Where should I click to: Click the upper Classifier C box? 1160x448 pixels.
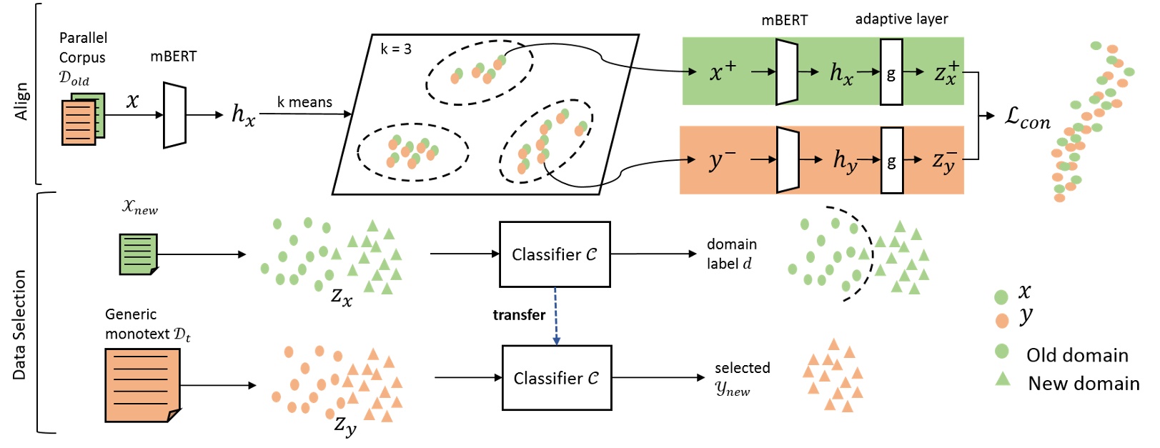tap(555, 254)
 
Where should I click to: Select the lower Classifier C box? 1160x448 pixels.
tap(556, 378)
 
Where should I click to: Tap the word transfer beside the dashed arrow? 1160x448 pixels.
tap(519, 315)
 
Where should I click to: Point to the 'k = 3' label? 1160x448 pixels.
tap(396, 49)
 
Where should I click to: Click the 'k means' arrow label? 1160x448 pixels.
tap(304, 103)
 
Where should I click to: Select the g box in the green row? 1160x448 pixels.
tap(891, 72)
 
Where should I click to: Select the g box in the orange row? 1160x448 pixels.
tap(891, 161)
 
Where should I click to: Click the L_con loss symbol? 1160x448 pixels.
tap(1027, 117)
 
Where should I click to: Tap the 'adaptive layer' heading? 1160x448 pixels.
tap(901, 19)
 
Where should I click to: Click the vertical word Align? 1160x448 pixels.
tap(21, 101)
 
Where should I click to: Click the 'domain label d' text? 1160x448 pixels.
tap(732, 254)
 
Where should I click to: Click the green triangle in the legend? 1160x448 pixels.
tap(1003, 379)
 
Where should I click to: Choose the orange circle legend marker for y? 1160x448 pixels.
tap(1002, 320)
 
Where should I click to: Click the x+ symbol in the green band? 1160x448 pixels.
tap(723, 71)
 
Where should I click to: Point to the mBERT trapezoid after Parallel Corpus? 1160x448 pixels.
tap(174, 115)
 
